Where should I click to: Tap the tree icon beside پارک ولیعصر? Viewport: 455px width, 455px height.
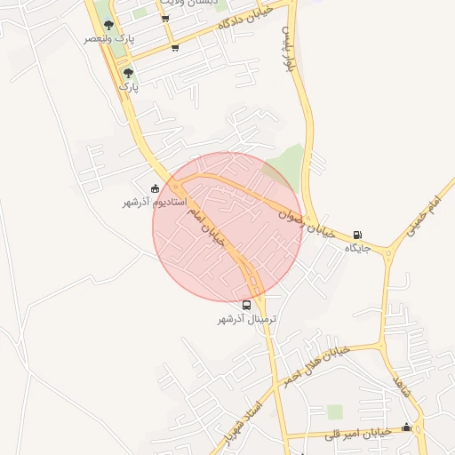pyautogui.click(x=108, y=26)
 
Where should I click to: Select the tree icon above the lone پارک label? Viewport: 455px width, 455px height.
pyautogui.click(x=129, y=73)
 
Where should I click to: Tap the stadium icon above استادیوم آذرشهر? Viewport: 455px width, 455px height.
pyautogui.click(x=156, y=188)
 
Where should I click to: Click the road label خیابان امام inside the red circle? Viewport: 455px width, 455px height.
pyautogui.click(x=207, y=225)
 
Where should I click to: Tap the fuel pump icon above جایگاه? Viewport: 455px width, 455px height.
pyautogui.click(x=357, y=235)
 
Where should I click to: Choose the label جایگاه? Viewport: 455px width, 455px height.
pyautogui.click(x=357, y=248)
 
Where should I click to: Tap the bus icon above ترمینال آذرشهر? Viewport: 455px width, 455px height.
pyautogui.click(x=247, y=305)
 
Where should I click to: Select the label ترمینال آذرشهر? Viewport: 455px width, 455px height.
pyautogui.click(x=248, y=318)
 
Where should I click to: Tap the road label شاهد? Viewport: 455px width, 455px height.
pyautogui.click(x=402, y=387)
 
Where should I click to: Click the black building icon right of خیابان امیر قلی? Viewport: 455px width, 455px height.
pyautogui.click(x=406, y=427)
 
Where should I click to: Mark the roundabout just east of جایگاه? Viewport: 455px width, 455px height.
pyautogui.click(x=388, y=253)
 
